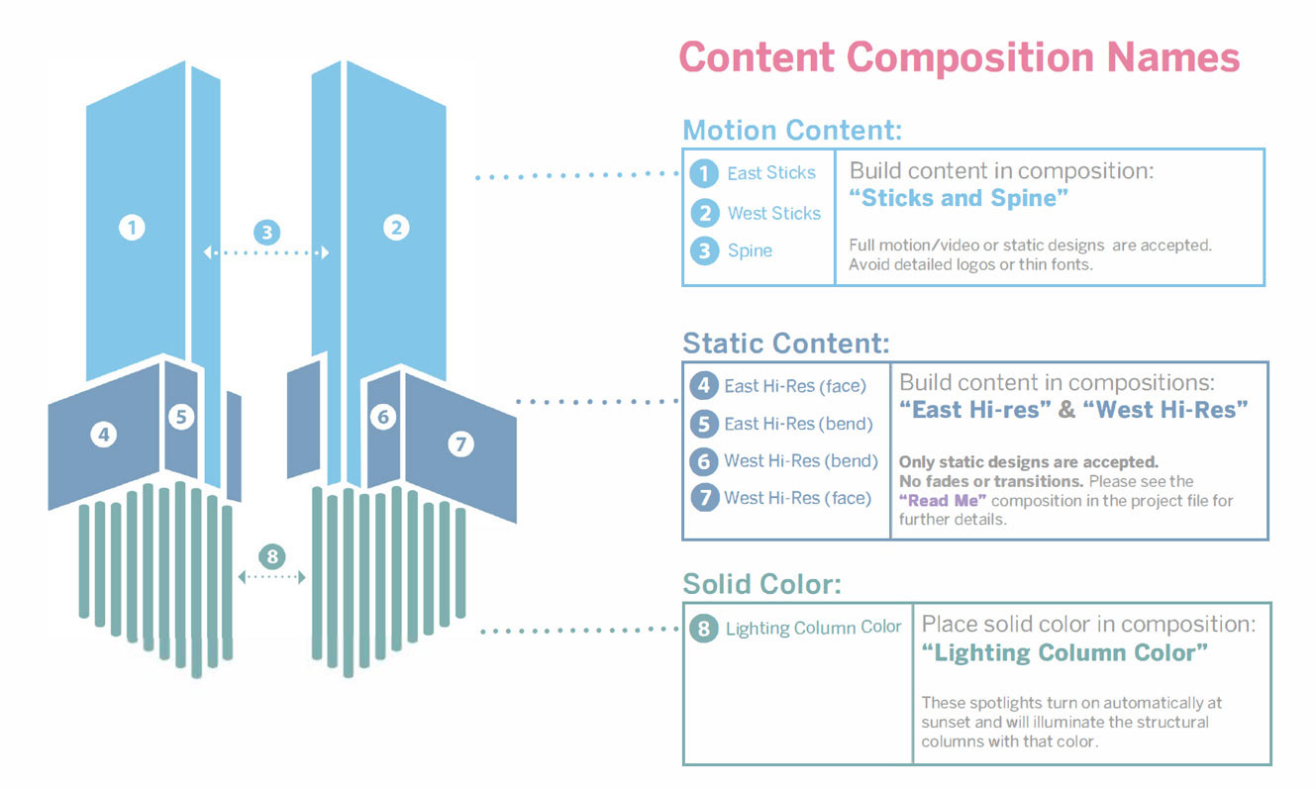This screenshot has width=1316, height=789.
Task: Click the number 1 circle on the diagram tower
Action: pyautogui.click(x=132, y=228)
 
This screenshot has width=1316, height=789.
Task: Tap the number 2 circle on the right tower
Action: pyautogui.click(x=396, y=228)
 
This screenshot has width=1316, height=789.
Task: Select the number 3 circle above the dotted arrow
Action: pyautogui.click(x=266, y=234)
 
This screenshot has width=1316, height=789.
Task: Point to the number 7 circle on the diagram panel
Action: pyautogui.click(x=460, y=444)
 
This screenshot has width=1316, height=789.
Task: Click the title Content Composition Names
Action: pyautogui.click(x=959, y=56)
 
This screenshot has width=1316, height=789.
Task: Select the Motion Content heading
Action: pyautogui.click(x=792, y=130)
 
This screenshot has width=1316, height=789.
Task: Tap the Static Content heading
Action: pyautogui.click(x=786, y=344)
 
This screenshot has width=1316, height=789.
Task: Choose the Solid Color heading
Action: pyautogui.click(x=762, y=584)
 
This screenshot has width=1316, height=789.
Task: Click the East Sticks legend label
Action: pyautogui.click(x=771, y=173)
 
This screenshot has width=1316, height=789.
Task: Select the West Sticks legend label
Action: pyautogui.click(x=774, y=213)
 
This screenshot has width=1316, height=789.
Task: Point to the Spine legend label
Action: pyautogui.click(x=750, y=250)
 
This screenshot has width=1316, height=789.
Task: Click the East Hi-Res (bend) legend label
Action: pyautogui.click(x=798, y=424)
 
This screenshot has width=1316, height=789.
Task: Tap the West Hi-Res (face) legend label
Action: pyautogui.click(x=797, y=498)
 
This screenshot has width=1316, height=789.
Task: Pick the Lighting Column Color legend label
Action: pyautogui.click(x=813, y=628)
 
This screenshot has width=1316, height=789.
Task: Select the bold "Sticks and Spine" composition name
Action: pyautogui.click(x=959, y=198)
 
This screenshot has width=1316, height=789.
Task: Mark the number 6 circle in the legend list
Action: pyautogui.click(x=704, y=461)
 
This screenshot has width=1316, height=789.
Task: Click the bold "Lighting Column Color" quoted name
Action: pyautogui.click(x=1064, y=653)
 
